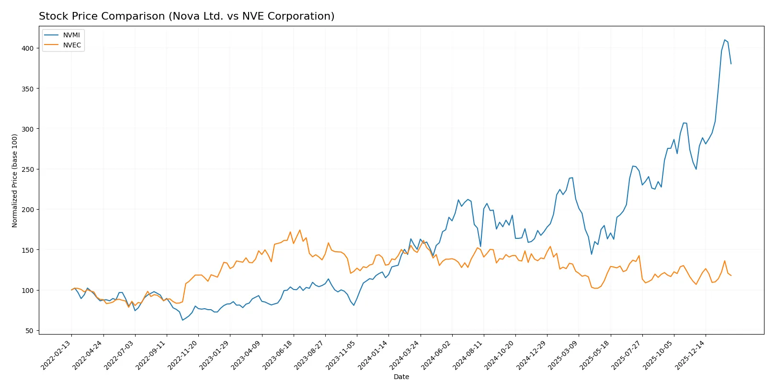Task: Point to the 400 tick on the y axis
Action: [x=27, y=48]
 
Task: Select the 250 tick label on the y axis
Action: [x=27, y=169]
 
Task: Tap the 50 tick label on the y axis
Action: [x=29, y=331]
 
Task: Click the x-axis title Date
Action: [x=401, y=377]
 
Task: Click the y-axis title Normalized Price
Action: [x=15, y=180]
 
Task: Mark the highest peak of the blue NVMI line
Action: [x=725, y=40]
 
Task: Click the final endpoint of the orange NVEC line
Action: [x=731, y=275]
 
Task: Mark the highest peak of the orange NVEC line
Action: [x=300, y=230]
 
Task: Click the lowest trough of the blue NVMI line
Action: [x=183, y=320]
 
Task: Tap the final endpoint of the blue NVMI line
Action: [x=731, y=64]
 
